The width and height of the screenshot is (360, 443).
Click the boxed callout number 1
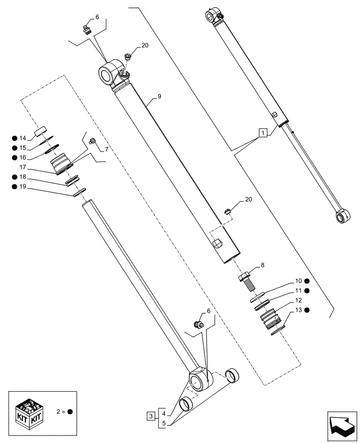point(263,132)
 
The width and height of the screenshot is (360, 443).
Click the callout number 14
point(23,138)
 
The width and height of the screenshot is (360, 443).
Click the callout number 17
point(23,167)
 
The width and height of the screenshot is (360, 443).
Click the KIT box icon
point(27,411)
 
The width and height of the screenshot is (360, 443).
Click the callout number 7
point(106,149)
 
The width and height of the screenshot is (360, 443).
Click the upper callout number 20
point(145,45)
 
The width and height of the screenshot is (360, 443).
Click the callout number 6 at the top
point(97,17)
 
